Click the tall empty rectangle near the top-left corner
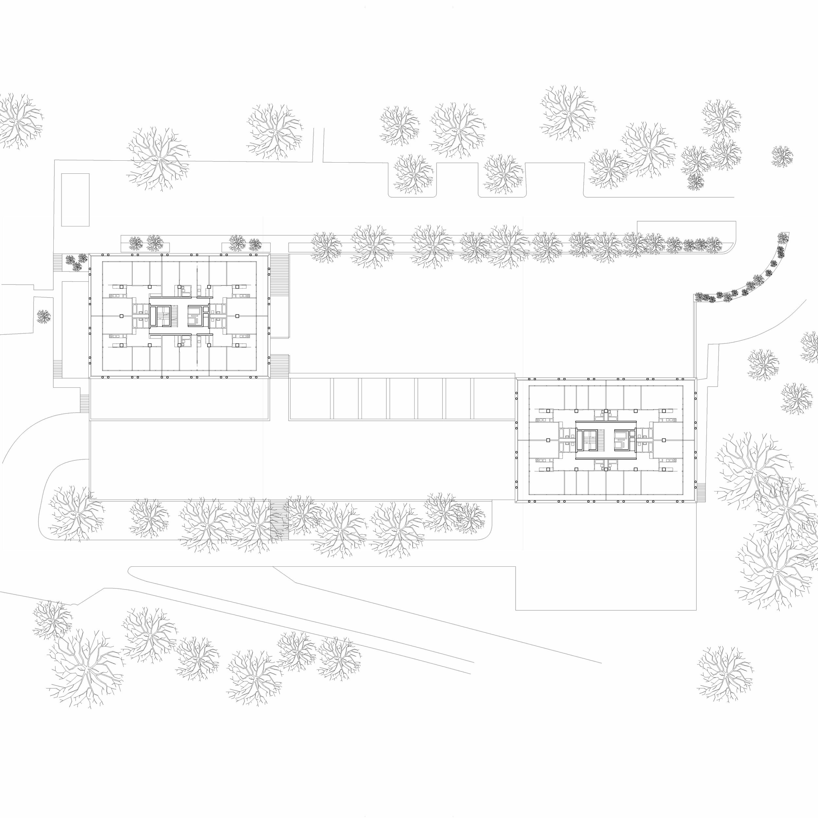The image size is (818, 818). pos(75,199)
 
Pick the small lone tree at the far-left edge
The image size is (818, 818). pos(43,316)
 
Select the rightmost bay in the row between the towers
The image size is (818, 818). pos(494,399)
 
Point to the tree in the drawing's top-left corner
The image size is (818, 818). pos(17,121)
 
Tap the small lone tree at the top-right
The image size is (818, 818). pos(782,156)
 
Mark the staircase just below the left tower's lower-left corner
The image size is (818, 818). pos(85,403)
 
